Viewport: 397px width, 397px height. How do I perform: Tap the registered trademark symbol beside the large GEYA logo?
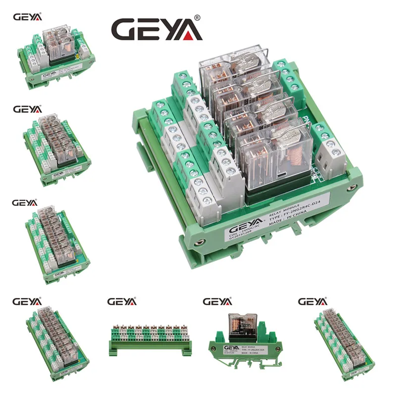198,18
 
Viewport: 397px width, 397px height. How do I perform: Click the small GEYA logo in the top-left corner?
28,16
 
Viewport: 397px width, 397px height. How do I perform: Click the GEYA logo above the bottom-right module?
313,301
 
